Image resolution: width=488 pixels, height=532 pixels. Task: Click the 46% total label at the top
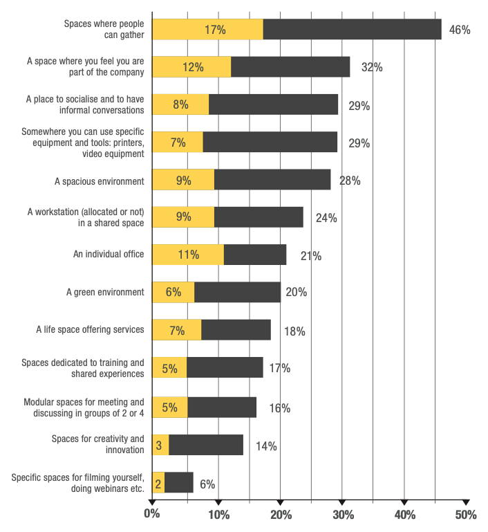click(460, 30)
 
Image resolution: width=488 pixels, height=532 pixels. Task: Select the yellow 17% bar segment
click(207, 30)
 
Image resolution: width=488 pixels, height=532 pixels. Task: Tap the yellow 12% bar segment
click(191, 67)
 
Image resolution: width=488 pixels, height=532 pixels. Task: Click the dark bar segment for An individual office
click(255, 255)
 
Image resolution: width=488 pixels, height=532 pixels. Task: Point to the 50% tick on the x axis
click(466, 514)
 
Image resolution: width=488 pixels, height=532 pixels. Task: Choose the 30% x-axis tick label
click(343, 514)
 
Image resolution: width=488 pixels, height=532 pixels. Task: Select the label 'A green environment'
click(105, 292)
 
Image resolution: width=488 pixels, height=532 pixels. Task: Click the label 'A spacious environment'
click(100, 181)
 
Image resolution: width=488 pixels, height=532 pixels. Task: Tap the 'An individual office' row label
click(109, 255)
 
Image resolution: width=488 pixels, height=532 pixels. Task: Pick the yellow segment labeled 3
click(160, 446)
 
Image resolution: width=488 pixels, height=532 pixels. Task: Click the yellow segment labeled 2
click(158, 483)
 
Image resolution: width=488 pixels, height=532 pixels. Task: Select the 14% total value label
click(266, 446)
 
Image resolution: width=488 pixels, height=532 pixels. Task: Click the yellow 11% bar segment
click(188, 255)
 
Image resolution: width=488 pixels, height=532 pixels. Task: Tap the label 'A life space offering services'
click(91, 329)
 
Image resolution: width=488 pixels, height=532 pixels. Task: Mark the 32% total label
click(372, 68)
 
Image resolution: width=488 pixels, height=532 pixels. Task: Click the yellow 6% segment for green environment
click(173, 292)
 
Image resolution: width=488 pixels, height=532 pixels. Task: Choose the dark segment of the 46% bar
click(352, 30)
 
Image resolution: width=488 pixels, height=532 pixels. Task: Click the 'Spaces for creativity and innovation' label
click(98, 444)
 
